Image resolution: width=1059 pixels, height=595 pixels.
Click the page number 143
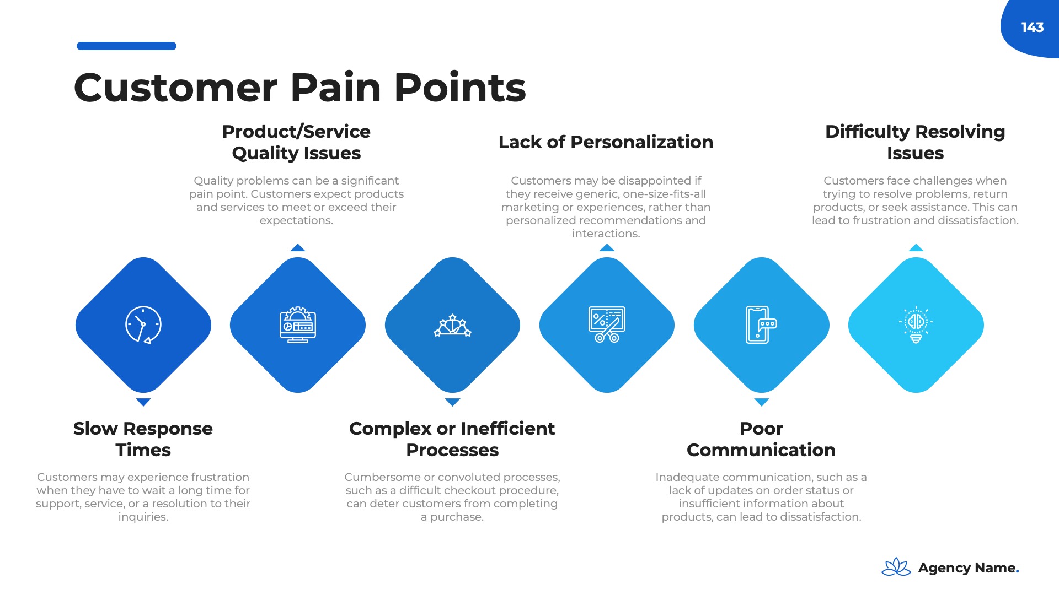coord(1032,28)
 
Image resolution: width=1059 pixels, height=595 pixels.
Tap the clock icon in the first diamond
coord(143,325)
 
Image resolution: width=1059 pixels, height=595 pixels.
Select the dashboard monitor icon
coord(298,325)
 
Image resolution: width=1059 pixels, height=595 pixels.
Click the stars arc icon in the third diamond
coord(452,326)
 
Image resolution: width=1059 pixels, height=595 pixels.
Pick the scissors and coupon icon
coord(607,324)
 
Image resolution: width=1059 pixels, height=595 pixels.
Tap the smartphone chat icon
coord(761,325)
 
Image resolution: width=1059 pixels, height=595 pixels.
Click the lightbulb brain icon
coord(916,325)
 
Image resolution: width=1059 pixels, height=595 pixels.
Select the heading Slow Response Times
coord(143,439)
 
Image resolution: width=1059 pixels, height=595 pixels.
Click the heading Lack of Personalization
coord(606,142)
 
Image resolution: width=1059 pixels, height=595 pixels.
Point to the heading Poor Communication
coord(761,439)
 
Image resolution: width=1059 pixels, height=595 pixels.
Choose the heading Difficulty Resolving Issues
coord(915,142)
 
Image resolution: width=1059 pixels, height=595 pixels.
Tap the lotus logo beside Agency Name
coord(896,567)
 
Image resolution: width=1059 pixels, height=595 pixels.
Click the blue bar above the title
coord(126,46)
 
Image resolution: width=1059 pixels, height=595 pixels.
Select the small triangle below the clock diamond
coord(143,402)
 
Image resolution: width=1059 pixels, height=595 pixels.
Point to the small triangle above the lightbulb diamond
coord(916,248)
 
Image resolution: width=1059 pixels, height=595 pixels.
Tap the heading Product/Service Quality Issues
coord(296,142)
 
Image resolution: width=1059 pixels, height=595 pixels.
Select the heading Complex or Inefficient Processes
coord(452,439)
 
